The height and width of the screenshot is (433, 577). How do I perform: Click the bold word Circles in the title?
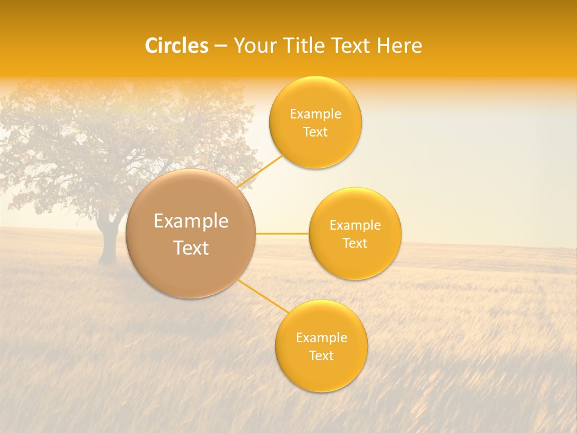pos(177,46)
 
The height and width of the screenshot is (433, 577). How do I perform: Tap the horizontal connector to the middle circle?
pos(282,233)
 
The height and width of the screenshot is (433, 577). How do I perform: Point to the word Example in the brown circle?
pos(191,221)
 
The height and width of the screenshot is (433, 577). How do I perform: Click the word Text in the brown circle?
pos(191,248)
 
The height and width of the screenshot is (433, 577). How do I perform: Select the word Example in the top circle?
pos(315,114)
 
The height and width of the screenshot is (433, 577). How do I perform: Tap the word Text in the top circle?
pos(315,132)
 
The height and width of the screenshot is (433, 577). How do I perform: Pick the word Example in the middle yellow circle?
pos(355,226)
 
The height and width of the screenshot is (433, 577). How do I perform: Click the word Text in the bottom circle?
pos(322,356)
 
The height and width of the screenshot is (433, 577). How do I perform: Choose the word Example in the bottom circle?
pos(322,338)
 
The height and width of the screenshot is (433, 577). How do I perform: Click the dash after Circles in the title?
pos(220,46)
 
